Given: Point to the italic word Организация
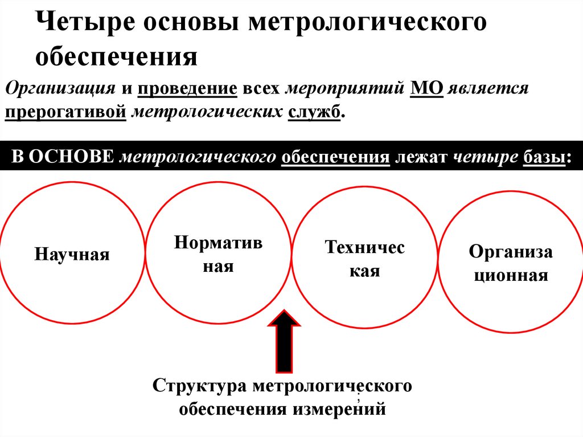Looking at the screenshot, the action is click(59, 89).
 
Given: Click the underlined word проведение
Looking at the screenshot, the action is click(186, 89).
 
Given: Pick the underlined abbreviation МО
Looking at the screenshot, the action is click(426, 89).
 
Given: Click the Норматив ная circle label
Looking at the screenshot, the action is click(219, 254).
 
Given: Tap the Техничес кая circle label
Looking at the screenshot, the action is click(364, 259).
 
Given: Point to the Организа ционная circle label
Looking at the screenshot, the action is click(511, 264).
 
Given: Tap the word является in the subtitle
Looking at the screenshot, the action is click(488, 89).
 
